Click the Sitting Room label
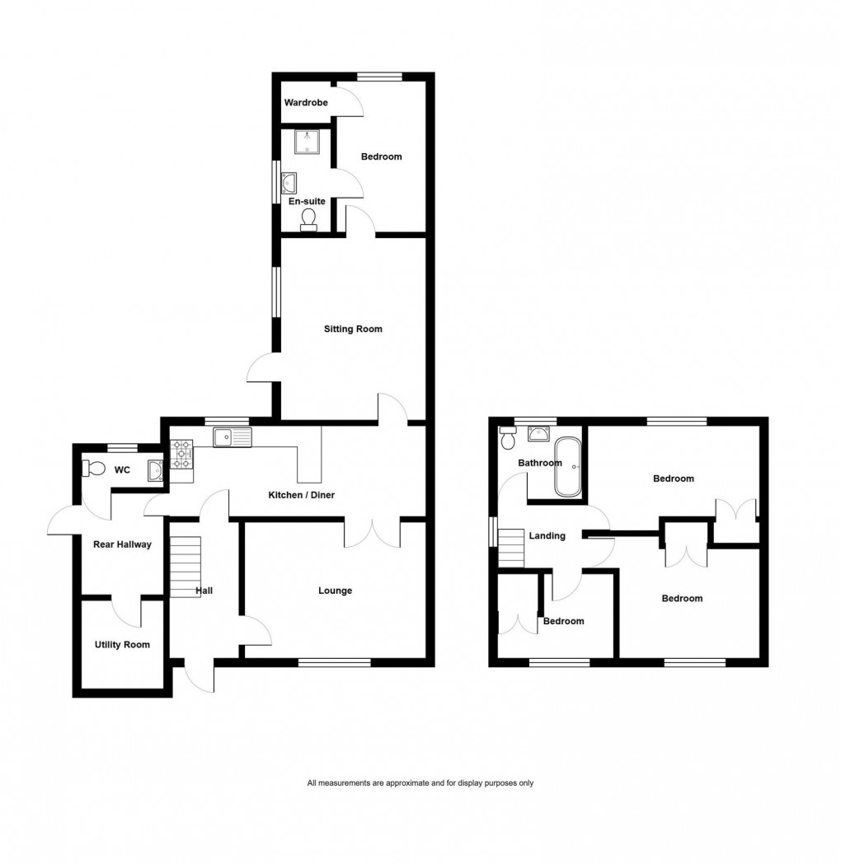tap(352, 329)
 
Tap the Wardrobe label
tap(306, 103)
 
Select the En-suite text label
tap(306, 201)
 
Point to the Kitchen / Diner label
tap(301, 495)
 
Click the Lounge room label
tap(336, 591)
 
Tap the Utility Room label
tap(122, 644)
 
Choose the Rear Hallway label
tap(122, 544)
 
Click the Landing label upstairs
tap(547, 536)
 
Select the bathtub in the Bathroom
tap(567, 466)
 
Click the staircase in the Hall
tap(186, 567)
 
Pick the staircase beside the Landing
tap(511, 547)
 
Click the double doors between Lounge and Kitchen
tap(372, 533)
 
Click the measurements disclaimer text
tap(420, 783)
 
